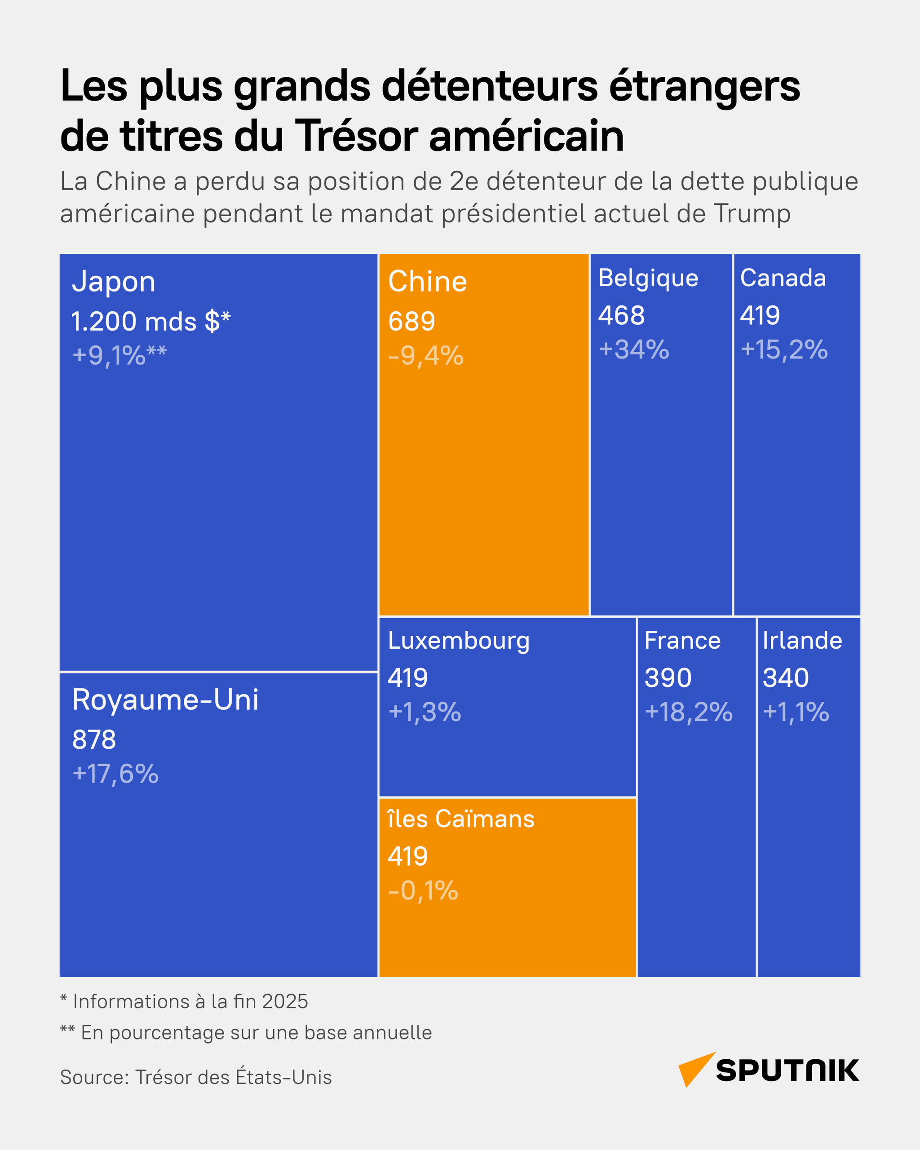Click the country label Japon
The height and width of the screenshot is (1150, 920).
[114, 282]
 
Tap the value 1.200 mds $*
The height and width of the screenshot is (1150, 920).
[151, 322]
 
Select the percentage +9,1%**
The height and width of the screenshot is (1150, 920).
[119, 356]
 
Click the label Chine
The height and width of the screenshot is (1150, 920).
[427, 282]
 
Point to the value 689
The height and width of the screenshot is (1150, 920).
[411, 322]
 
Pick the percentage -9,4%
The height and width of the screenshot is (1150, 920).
[425, 356]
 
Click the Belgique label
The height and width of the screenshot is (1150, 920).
[648, 278]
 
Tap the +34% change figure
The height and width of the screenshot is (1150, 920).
[633, 350]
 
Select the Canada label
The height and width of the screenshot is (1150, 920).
[783, 278]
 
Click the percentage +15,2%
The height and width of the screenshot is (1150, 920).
[784, 350]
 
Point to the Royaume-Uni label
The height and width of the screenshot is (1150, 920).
[165, 700]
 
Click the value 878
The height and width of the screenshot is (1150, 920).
[94, 740]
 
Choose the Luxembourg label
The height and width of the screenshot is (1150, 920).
[459, 641]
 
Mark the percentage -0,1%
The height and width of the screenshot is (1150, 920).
[423, 891]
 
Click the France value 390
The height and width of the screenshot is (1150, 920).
[668, 678]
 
